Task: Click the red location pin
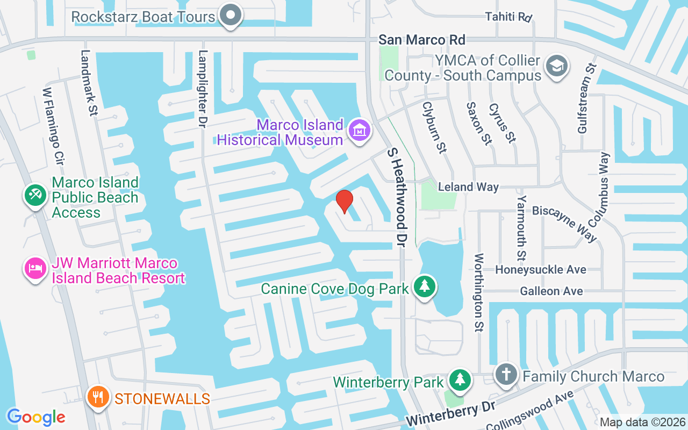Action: (344, 201)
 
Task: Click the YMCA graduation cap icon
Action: (556, 67)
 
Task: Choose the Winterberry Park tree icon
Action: (460, 379)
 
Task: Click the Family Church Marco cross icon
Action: (506, 374)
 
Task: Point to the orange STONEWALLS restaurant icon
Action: (98, 397)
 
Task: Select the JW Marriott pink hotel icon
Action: (35, 268)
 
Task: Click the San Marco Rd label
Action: (422, 40)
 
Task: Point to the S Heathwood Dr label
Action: (396, 197)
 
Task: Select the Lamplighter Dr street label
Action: (203, 88)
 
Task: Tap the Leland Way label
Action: (468, 187)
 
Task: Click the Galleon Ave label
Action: (551, 291)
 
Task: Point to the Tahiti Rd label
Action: (508, 17)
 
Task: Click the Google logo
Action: (36, 417)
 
